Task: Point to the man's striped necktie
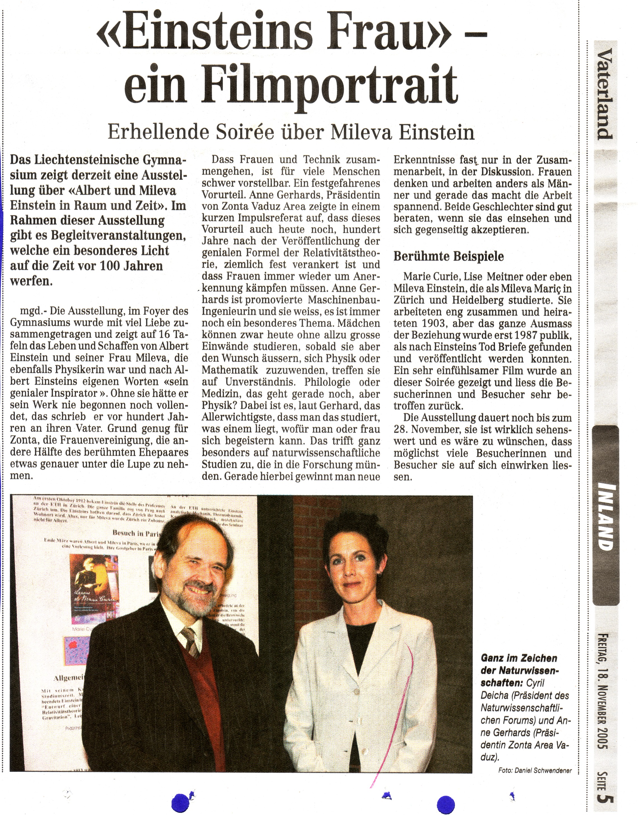point(191,641)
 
